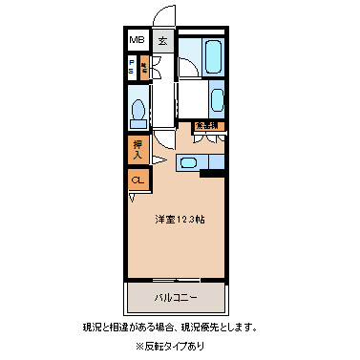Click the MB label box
(138, 40)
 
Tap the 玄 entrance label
(163, 41)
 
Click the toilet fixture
(139, 110)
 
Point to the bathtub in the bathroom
(213, 53)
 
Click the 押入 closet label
(138, 148)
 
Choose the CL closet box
(138, 179)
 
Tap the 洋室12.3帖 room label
(178, 219)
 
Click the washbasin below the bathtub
(216, 98)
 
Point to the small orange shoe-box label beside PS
(144, 67)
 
